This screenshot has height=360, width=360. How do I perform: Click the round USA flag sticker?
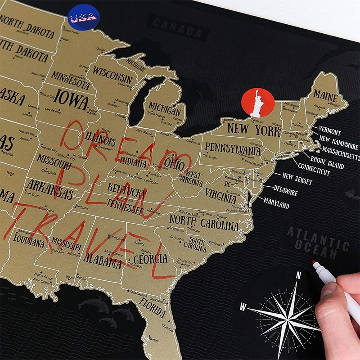click(83, 18)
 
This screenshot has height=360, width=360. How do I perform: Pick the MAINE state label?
click(325, 95)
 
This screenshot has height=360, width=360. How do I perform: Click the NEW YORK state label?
click(253, 130)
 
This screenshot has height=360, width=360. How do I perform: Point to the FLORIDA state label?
click(152, 306)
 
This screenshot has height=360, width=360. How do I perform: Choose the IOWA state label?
click(72, 101)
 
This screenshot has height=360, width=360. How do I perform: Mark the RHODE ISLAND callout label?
click(327, 163)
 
